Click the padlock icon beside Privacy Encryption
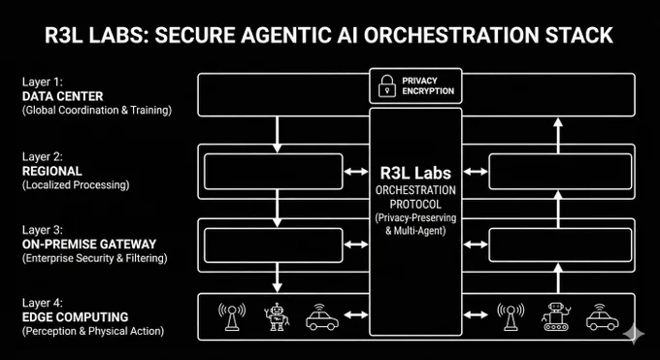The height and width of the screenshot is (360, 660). tap(387, 86)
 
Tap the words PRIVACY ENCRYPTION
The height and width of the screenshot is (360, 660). tap(428, 86)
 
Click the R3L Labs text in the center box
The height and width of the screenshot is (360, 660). tap(415, 173)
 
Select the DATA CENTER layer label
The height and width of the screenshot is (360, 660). tap(63, 96)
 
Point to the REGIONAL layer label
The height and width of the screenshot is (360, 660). tap(52, 172)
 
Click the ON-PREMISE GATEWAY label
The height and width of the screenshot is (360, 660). tap(89, 245)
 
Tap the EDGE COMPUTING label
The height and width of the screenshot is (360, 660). tap(76, 317)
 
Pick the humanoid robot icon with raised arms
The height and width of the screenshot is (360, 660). tap(277, 316)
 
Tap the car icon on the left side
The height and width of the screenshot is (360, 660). tap(322, 318)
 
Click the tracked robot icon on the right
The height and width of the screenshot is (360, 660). tap(556, 316)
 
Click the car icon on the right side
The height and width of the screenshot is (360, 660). tap(603, 317)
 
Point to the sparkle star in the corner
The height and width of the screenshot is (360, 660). tap(634, 334)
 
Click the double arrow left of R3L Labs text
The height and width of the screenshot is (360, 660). tap(356, 172)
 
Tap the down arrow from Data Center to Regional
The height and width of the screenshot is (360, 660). tap(277, 134)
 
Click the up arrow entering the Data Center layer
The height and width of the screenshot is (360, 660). tap(558, 136)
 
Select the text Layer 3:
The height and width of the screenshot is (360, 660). tap(43, 230)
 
